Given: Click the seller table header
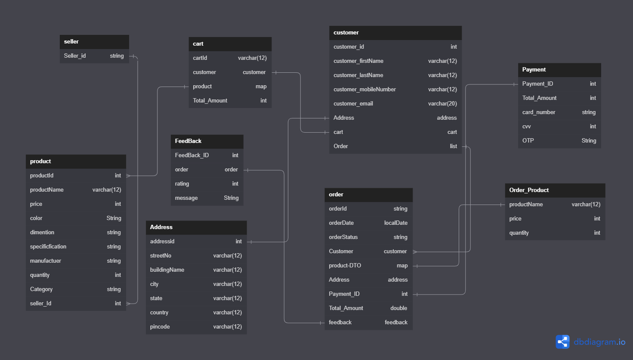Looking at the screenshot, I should tap(71, 42).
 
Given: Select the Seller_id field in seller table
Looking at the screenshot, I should tap(75, 56).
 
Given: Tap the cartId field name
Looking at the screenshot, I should tap(200, 58).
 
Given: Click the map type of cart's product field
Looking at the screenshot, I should tap(261, 87).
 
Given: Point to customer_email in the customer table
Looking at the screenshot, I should tap(353, 104).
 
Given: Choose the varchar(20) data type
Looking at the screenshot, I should tap(442, 104).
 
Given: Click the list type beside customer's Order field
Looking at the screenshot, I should tap(453, 146).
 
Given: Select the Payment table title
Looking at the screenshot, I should tap(534, 70).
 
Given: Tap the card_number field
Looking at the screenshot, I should tap(539, 112).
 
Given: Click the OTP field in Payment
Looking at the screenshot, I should tap(528, 141).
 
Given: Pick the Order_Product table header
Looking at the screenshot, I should tap(529, 190).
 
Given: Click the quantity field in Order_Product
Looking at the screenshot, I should tap(519, 233).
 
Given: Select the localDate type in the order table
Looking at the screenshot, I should tap(395, 223).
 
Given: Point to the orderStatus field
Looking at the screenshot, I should tap(343, 237).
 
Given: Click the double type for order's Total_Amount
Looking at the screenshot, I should tap(398, 308).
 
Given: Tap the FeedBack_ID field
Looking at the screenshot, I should tap(192, 155).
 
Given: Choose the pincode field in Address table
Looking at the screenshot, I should tap(160, 327).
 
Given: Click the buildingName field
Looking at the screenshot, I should tap(167, 270).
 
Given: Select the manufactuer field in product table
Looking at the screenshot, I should tap(46, 261).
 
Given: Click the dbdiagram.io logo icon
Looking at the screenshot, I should tap(562, 342).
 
